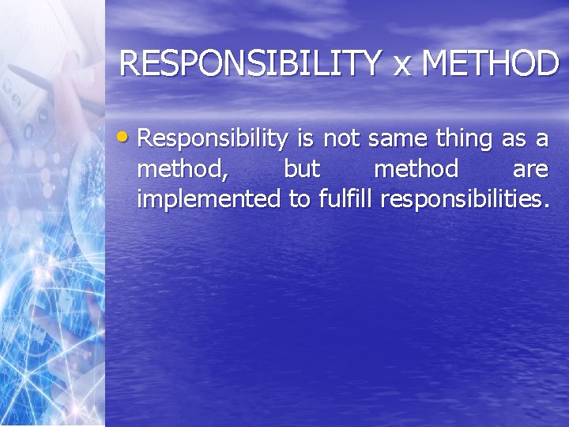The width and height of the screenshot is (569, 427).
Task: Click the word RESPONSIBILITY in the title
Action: (249, 63)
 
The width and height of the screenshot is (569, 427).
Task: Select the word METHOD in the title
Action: (490, 63)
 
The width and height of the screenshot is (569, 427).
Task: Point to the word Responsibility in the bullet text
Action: (213, 140)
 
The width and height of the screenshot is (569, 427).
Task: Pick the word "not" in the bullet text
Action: (341, 139)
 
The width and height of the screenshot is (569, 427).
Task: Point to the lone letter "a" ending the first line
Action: (542, 140)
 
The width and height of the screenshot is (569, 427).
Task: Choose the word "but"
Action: (302, 168)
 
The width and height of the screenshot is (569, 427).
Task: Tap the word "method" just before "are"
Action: (416, 168)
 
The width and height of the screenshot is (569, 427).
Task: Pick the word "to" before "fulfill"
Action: (300, 199)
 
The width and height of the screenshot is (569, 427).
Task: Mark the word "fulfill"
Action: (345, 198)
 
